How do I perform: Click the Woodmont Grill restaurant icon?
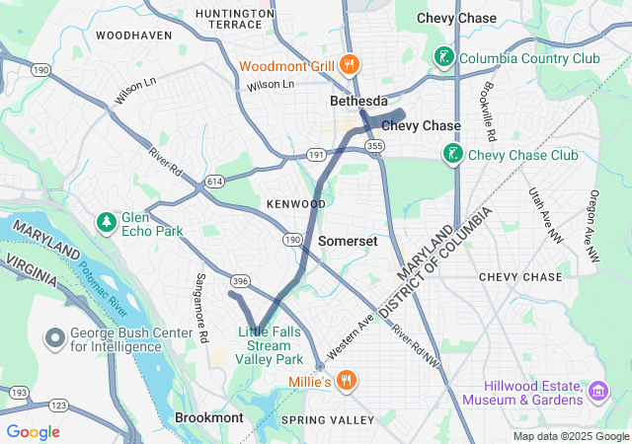click(348, 66)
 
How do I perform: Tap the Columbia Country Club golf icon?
click(444, 57)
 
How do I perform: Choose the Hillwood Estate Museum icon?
click(596, 393)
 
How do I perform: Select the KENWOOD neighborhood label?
click(295, 203)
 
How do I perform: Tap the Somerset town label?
click(348, 241)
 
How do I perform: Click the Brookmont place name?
click(208, 417)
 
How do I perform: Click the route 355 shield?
click(374, 146)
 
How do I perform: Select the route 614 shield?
click(214, 182)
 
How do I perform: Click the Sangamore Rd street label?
click(200, 308)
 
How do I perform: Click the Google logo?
click(34, 432)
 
